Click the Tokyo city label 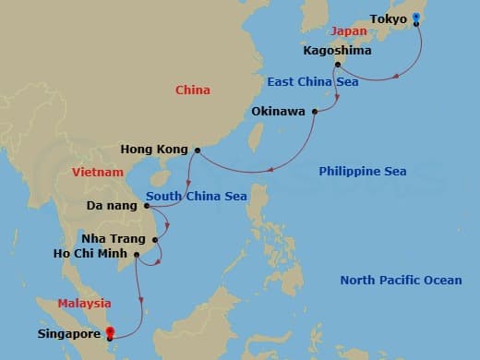(x=388, y=18)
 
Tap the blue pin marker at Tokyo (x=416, y=18)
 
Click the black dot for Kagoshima (x=337, y=65)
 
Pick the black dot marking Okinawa (x=315, y=113)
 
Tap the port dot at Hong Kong (x=198, y=150)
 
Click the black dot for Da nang (x=146, y=205)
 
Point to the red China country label (x=193, y=90)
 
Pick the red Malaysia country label (x=84, y=303)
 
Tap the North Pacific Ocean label (x=401, y=281)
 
